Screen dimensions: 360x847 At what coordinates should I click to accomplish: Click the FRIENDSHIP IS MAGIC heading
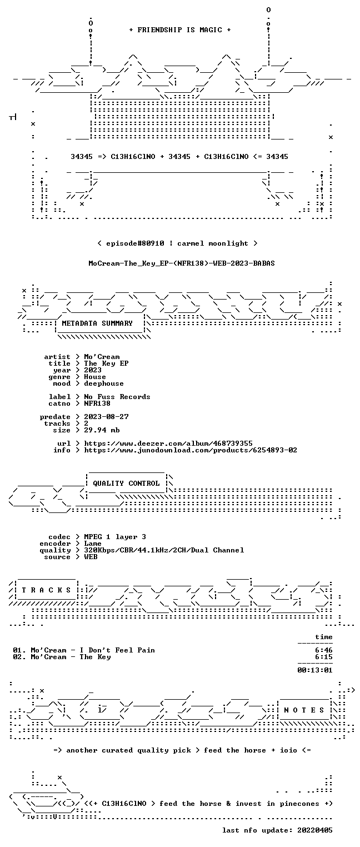tap(179, 30)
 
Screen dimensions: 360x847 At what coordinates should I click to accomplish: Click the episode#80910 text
tap(135, 243)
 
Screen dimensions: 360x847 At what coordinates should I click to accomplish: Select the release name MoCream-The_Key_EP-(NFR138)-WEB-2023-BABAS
tap(182, 263)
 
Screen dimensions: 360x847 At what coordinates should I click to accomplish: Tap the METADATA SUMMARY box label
tap(97, 323)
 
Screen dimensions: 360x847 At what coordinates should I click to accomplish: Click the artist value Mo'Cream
tap(102, 357)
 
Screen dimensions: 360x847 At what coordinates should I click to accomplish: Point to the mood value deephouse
tap(104, 383)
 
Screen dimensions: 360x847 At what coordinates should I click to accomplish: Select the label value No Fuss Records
tap(117, 397)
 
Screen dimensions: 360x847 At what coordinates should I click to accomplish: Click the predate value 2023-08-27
tap(106, 417)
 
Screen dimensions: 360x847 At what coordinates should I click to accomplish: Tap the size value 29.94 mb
tap(102, 430)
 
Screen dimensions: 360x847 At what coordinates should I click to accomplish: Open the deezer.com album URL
tap(168, 443)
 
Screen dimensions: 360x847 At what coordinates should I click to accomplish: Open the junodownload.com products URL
tap(191, 450)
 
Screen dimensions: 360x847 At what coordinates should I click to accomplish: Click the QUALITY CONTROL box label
tap(126, 483)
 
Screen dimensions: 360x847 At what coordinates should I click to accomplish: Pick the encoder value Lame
tap(93, 544)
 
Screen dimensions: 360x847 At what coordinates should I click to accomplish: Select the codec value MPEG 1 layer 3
tap(115, 536)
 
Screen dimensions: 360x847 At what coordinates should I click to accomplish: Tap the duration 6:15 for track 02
tap(324, 657)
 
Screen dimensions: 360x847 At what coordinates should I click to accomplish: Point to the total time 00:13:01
tap(315, 670)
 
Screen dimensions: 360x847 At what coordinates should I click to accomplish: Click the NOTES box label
tap(304, 710)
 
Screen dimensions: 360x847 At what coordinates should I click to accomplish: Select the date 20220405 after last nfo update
tap(315, 830)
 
